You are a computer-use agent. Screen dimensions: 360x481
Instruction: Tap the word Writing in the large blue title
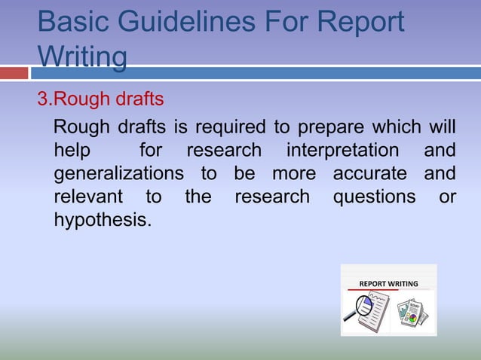pos(82,56)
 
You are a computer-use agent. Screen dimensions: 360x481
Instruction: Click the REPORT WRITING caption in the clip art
pos(388,284)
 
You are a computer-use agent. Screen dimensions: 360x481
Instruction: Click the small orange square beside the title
pos(14,73)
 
